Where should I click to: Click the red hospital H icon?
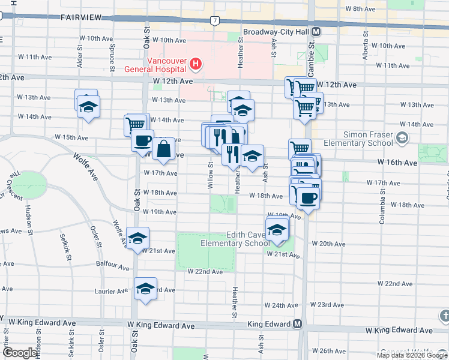[x=194, y=63]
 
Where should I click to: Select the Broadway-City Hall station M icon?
[x=316, y=32]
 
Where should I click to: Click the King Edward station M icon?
[x=297, y=325]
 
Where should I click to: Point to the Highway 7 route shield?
[x=214, y=21]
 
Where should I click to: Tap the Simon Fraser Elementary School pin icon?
[x=401, y=139]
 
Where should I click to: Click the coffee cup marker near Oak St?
[x=143, y=140]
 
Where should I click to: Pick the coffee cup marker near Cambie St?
[x=309, y=197]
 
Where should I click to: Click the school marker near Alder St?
[x=89, y=107]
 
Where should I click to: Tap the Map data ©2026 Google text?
[x=412, y=355]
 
